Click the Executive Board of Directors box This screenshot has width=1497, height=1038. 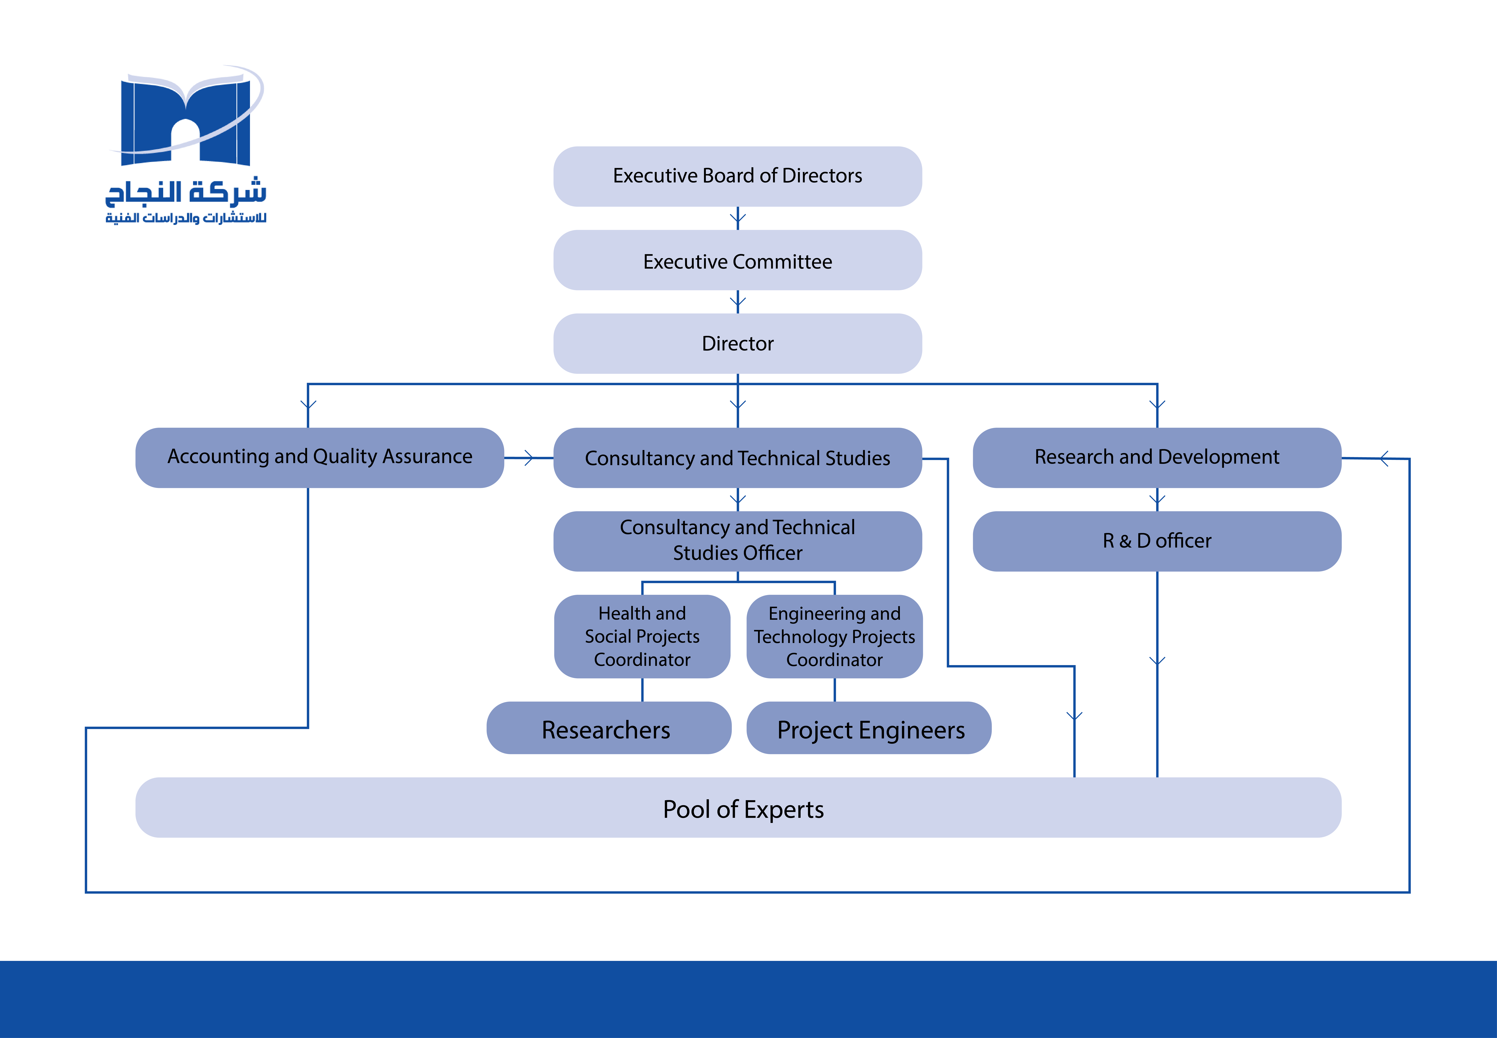pos(737,176)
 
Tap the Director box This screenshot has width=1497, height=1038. pos(737,343)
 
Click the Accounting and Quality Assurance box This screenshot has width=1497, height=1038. pos(319,457)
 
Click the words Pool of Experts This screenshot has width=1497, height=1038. pos(743,809)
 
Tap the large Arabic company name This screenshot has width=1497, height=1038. pos(186,192)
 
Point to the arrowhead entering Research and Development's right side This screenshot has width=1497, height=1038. pos(1383,459)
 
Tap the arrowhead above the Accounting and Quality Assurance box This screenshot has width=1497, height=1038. pos(308,404)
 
